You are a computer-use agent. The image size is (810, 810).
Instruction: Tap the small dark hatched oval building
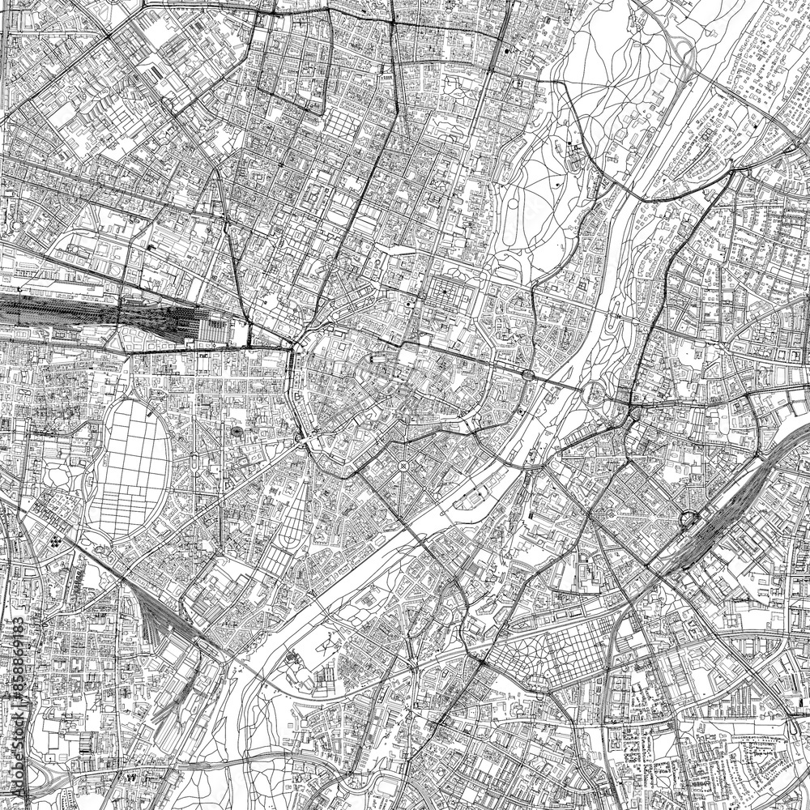(237, 433)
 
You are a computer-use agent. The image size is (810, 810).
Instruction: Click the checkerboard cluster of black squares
(58, 541)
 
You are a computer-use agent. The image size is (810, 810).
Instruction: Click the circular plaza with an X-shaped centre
(403, 467)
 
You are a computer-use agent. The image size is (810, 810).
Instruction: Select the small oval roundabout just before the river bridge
(528, 374)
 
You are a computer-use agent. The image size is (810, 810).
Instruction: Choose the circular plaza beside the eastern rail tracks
(688, 520)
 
